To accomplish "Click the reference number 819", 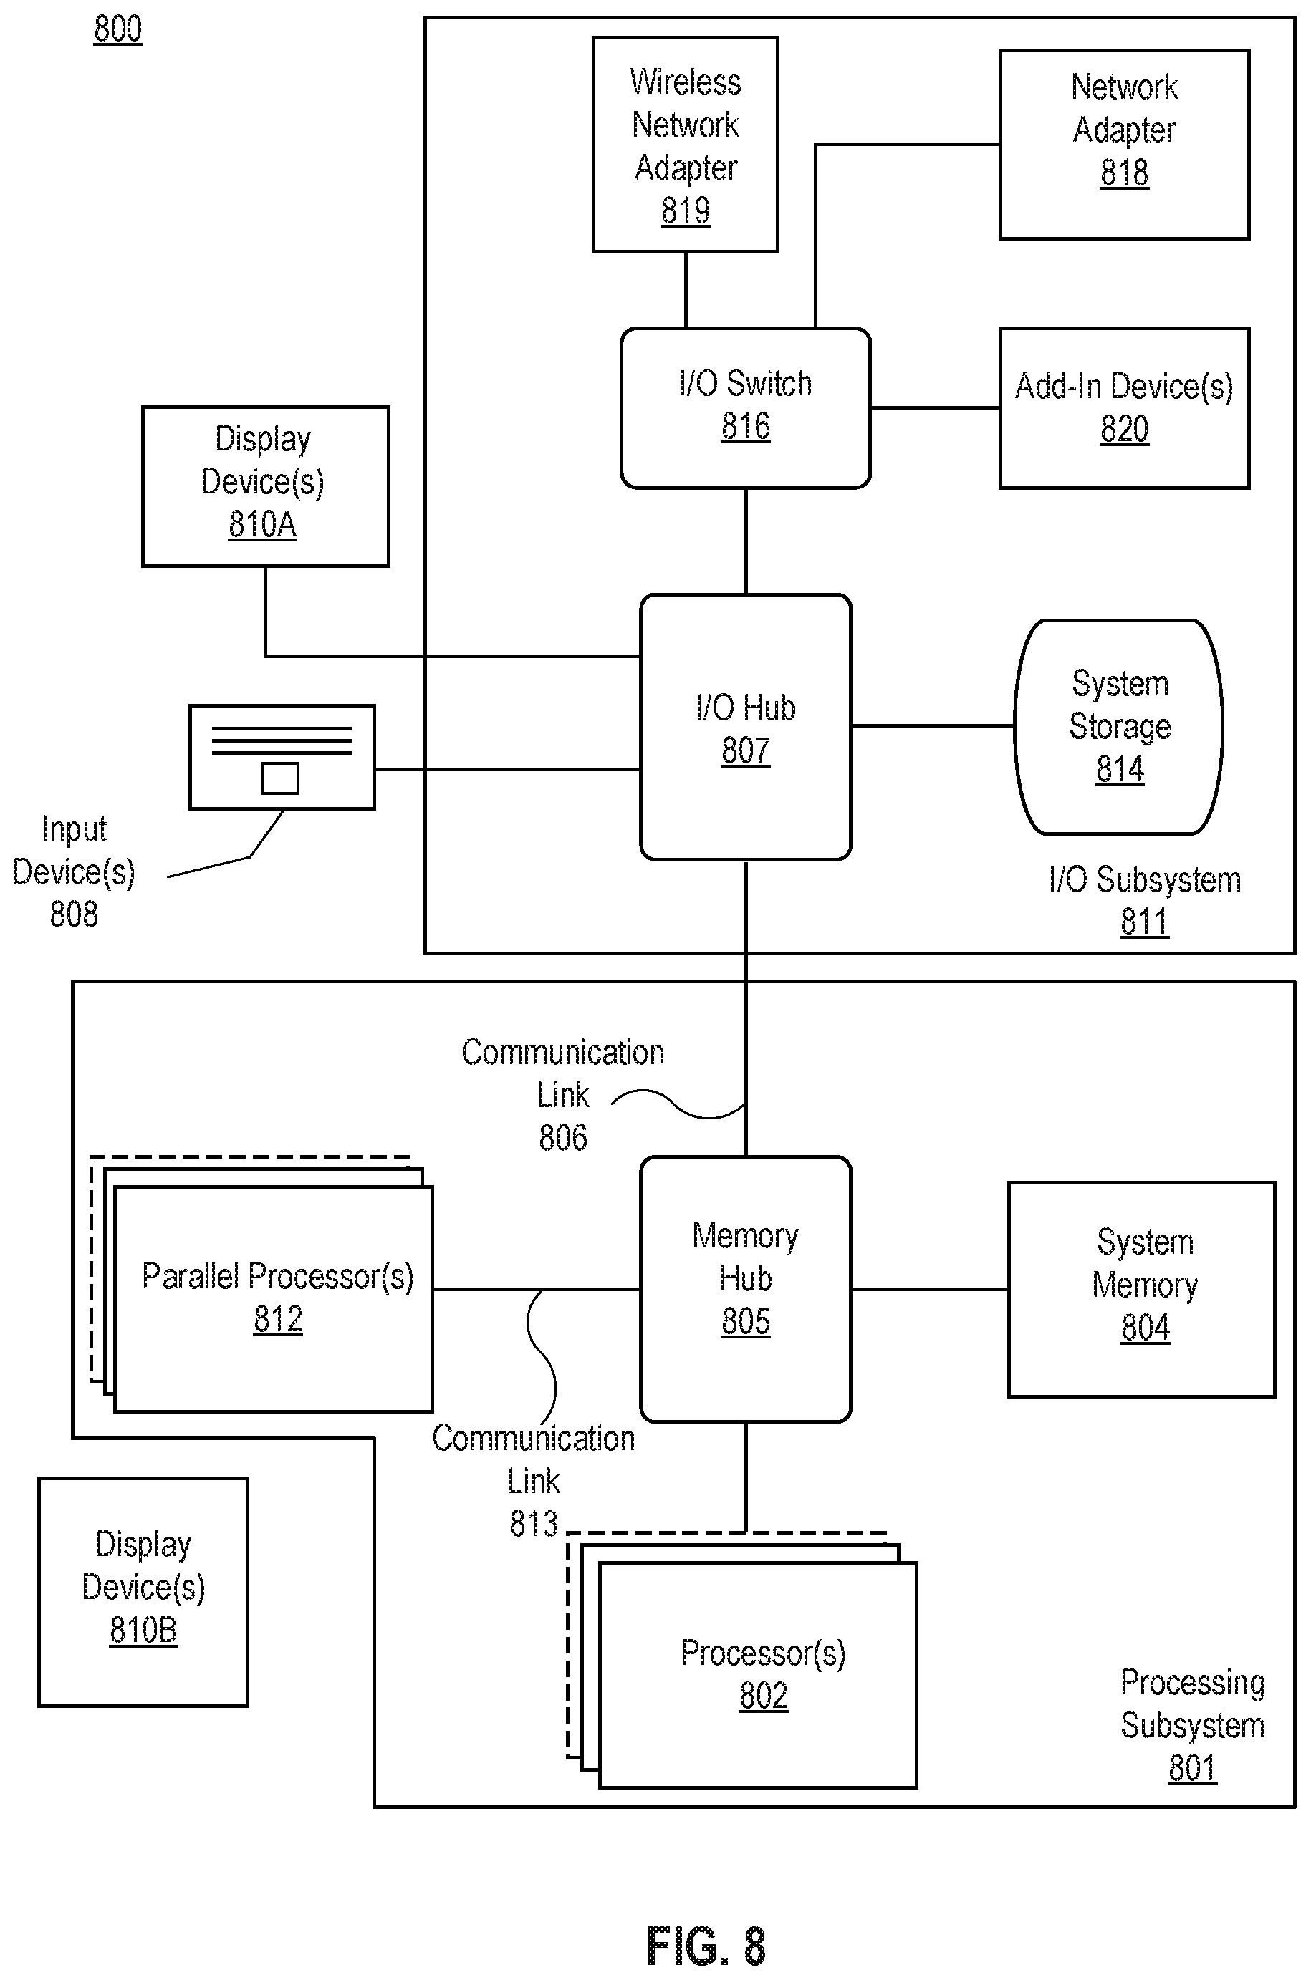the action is pyautogui.click(x=686, y=210).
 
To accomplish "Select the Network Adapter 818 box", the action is pyautogui.click(x=1125, y=145).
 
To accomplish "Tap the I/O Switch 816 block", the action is pyautogui.click(x=746, y=408).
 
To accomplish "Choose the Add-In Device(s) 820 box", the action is pyautogui.click(x=1125, y=408).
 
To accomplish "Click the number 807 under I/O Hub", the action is pyautogui.click(x=746, y=750).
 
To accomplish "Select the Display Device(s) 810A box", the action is pyautogui.click(x=266, y=486).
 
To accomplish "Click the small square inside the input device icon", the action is pyautogui.click(x=280, y=778).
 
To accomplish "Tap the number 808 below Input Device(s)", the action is pyautogui.click(x=74, y=914).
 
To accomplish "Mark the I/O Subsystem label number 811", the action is pyautogui.click(x=1145, y=921).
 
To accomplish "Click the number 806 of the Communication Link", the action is pyautogui.click(x=562, y=1138).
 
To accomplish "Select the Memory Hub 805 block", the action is pyautogui.click(x=746, y=1289).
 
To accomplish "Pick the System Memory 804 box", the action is pyautogui.click(x=1142, y=1289).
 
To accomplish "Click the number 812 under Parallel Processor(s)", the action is pyautogui.click(x=279, y=1319).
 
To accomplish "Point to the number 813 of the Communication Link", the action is pyautogui.click(x=534, y=1524).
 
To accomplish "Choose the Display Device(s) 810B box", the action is pyautogui.click(x=143, y=1592).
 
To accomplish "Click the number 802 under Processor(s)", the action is pyautogui.click(x=764, y=1696).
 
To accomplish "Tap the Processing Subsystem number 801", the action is pyautogui.click(x=1192, y=1768).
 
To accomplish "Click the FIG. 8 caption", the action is pyautogui.click(x=706, y=1946).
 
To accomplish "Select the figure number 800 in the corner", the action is pyautogui.click(x=118, y=29).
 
